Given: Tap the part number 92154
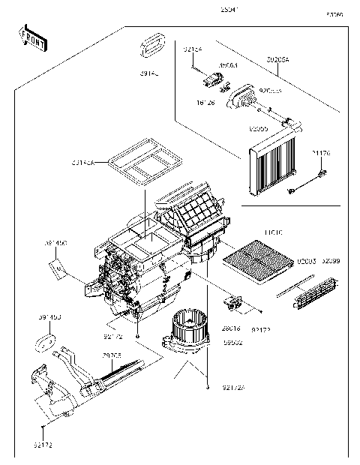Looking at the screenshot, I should [193, 49].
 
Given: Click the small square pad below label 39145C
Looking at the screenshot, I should [56, 264].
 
